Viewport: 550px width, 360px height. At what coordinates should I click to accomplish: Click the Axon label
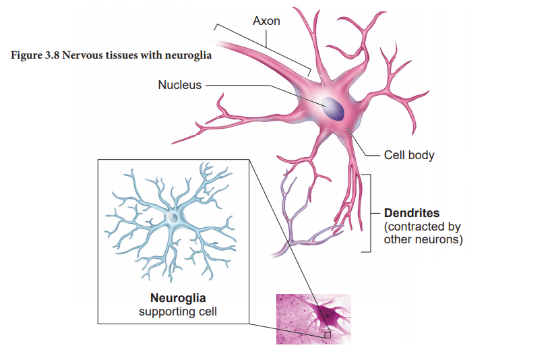(x=266, y=21)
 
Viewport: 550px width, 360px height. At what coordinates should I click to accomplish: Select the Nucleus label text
(x=179, y=85)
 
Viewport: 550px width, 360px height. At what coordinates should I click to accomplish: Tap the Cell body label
(x=409, y=155)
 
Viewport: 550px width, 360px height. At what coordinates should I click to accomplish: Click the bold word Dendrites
(x=412, y=214)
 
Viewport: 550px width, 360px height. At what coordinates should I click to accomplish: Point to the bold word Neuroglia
(x=177, y=298)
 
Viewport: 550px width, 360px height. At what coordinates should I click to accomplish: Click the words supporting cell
(x=177, y=311)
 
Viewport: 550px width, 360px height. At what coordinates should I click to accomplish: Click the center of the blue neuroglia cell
(x=175, y=217)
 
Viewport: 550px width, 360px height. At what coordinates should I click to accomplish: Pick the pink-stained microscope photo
(x=313, y=319)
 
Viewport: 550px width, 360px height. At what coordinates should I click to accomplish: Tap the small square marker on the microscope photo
(x=328, y=334)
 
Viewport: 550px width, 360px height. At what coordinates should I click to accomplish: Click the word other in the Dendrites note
(x=396, y=239)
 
